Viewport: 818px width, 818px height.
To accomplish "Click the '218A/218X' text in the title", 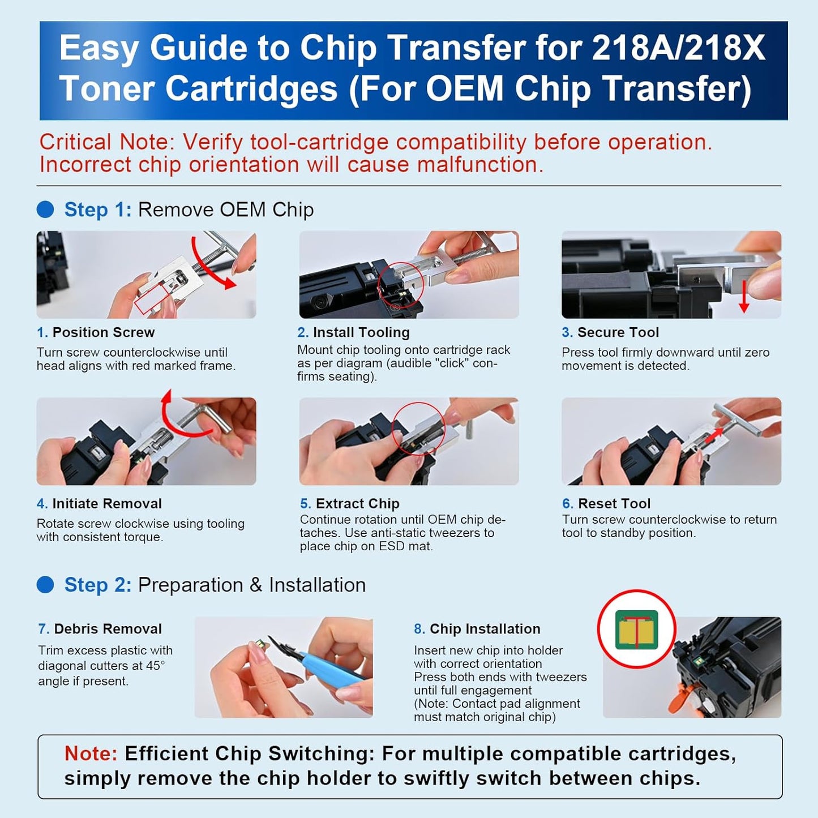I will pos(678,48).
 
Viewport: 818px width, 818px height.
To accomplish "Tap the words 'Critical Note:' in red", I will pos(108,142).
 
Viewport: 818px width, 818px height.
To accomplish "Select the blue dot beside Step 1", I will pos(45,209).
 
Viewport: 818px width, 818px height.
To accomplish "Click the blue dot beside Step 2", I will pos(45,585).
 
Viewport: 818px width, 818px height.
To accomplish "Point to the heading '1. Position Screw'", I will pos(96,332).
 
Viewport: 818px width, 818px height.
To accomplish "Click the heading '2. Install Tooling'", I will pos(353,332).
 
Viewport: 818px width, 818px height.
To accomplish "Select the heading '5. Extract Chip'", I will pos(350,503).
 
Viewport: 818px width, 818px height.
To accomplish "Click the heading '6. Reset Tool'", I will pos(606,503).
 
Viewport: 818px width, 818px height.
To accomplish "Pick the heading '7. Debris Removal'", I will pos(100,629).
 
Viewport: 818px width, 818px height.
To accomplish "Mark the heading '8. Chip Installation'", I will pos(477,629).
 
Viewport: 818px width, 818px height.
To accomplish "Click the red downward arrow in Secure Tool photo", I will pos(744,297).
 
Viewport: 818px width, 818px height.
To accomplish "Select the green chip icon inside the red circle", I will pos(637,629).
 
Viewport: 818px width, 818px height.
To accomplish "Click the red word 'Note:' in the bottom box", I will pos(91,753).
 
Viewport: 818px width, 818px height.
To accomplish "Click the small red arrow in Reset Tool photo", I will pos(716,435).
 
